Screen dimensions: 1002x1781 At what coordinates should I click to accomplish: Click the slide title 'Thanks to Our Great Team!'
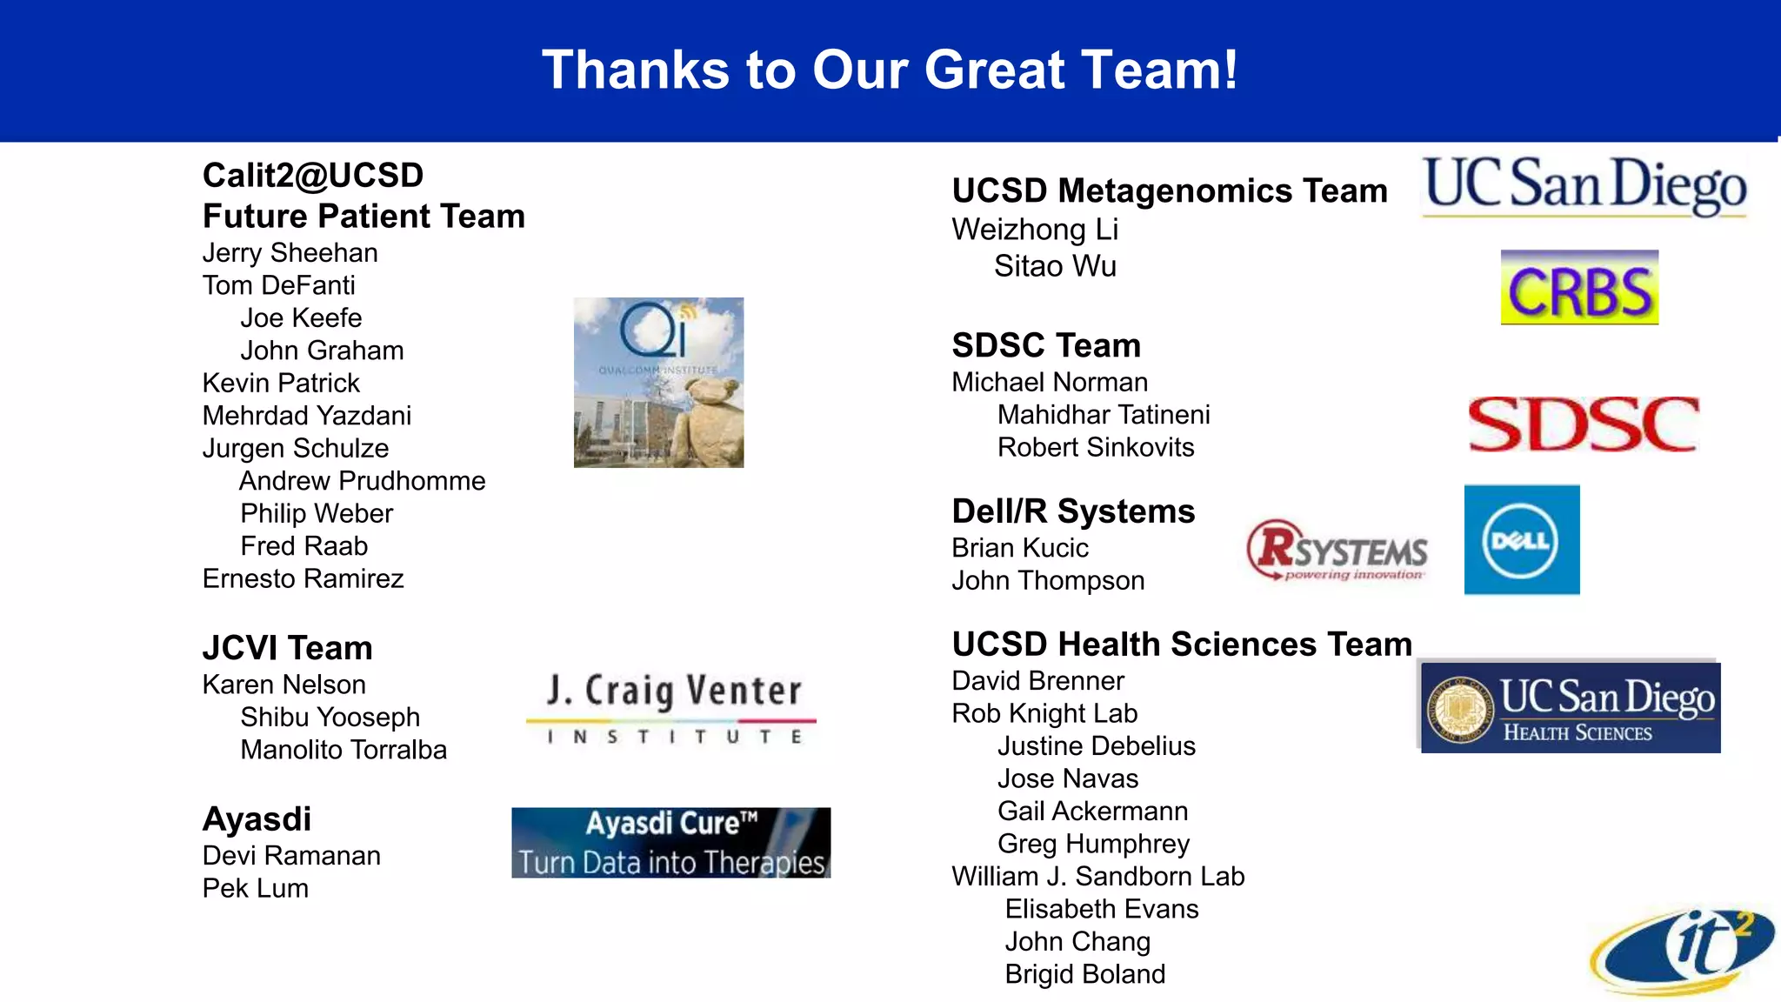click(x=890, y=70)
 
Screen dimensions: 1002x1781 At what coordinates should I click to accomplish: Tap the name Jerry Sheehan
click(x=290, y=253)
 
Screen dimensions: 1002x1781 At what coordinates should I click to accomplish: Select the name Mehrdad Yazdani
click(x=306, y=416)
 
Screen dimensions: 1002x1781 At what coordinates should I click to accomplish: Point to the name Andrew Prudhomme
click(x=362, y=481)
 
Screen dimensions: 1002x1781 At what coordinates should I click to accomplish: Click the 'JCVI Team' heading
click(x=287, y=648)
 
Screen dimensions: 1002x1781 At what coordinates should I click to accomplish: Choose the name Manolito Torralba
click(x=343, y=750)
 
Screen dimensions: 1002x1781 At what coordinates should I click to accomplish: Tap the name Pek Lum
click(x=255, y=888)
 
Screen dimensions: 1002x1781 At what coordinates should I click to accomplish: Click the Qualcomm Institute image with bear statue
click(x=658, y=383)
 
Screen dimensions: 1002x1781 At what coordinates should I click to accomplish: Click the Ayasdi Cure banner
click(x=670, y=843)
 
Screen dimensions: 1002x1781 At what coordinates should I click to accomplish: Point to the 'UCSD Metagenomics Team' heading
click(x=1169, y=190)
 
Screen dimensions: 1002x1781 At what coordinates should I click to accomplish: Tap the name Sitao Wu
click(x=1055, y=266)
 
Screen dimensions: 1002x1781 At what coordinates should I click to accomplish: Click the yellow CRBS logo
click(x=1579, y=288)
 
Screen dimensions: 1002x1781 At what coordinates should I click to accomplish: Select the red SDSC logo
click(x=1583, y=424)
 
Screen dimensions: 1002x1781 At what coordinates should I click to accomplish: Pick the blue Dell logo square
click(x=1522, y=540)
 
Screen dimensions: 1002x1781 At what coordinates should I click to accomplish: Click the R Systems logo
click(x=1337, y=550)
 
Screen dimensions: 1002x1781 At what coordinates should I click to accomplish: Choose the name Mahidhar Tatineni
click(x=1103, y=415)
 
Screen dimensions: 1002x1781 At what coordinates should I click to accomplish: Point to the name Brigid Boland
click(x=1084, y=974)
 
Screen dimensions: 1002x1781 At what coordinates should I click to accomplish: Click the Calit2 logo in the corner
click(x=1683, y=951)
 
